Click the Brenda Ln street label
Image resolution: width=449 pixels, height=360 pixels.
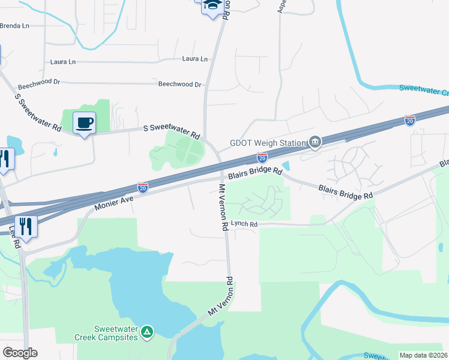14,26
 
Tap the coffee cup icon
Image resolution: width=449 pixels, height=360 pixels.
84,123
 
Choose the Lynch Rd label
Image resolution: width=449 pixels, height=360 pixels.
244,224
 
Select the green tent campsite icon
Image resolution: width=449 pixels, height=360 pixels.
147,331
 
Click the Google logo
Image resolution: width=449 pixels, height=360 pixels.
20,353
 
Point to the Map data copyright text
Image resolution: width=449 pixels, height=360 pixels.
423,355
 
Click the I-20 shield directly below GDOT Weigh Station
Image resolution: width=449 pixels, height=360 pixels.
262,158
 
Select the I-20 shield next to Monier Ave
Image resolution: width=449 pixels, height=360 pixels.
143,188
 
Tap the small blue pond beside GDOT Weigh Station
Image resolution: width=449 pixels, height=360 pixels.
285,166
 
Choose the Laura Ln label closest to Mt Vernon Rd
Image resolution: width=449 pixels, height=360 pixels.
195,59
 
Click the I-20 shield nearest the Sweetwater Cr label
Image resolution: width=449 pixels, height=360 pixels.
410,121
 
